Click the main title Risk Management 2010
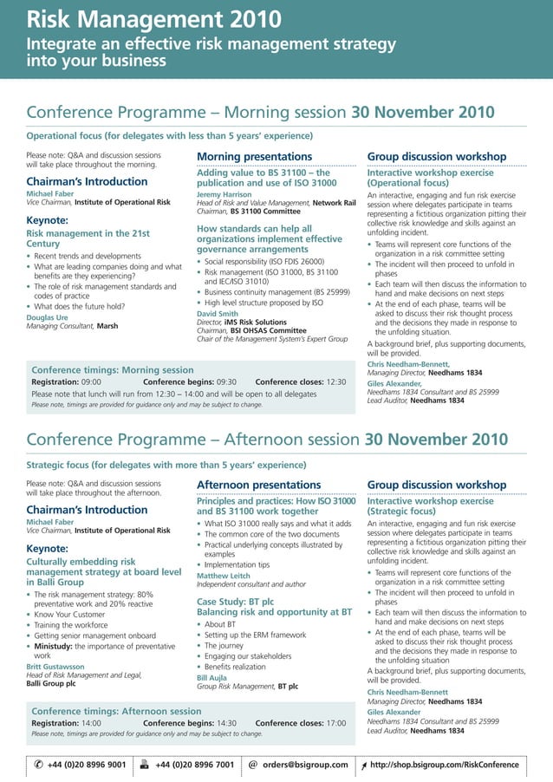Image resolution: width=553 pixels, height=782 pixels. click(x=153, y=19)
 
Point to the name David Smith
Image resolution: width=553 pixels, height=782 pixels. click(x=217, y=313)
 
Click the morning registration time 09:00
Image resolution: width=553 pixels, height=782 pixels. click(x=92, y=381)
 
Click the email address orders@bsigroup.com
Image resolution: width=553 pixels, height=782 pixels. click(x=305, y=765)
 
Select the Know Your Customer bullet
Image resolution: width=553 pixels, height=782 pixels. click(x=72, y=615)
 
